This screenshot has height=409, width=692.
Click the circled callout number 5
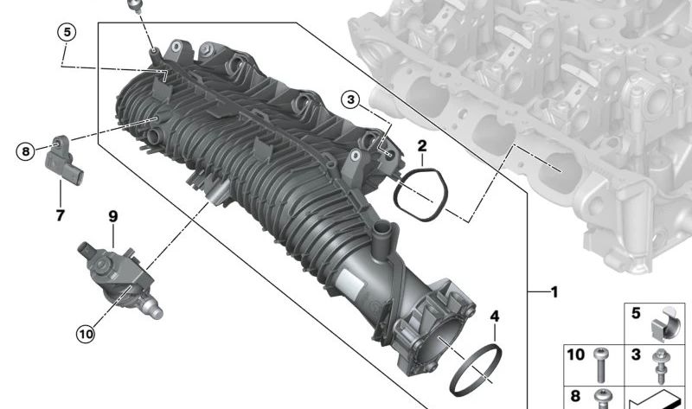click(67, 32)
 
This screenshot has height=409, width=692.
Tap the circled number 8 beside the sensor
click(27, 151)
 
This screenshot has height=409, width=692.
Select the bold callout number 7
click(60, 215)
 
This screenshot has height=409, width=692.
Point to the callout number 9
click(112, 214)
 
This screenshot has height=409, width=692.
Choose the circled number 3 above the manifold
click(349, 99)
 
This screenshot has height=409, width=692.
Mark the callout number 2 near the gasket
click(422, 145)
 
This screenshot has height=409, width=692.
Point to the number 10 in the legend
click(576, 355)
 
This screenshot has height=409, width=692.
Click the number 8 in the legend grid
click(573, 393)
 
